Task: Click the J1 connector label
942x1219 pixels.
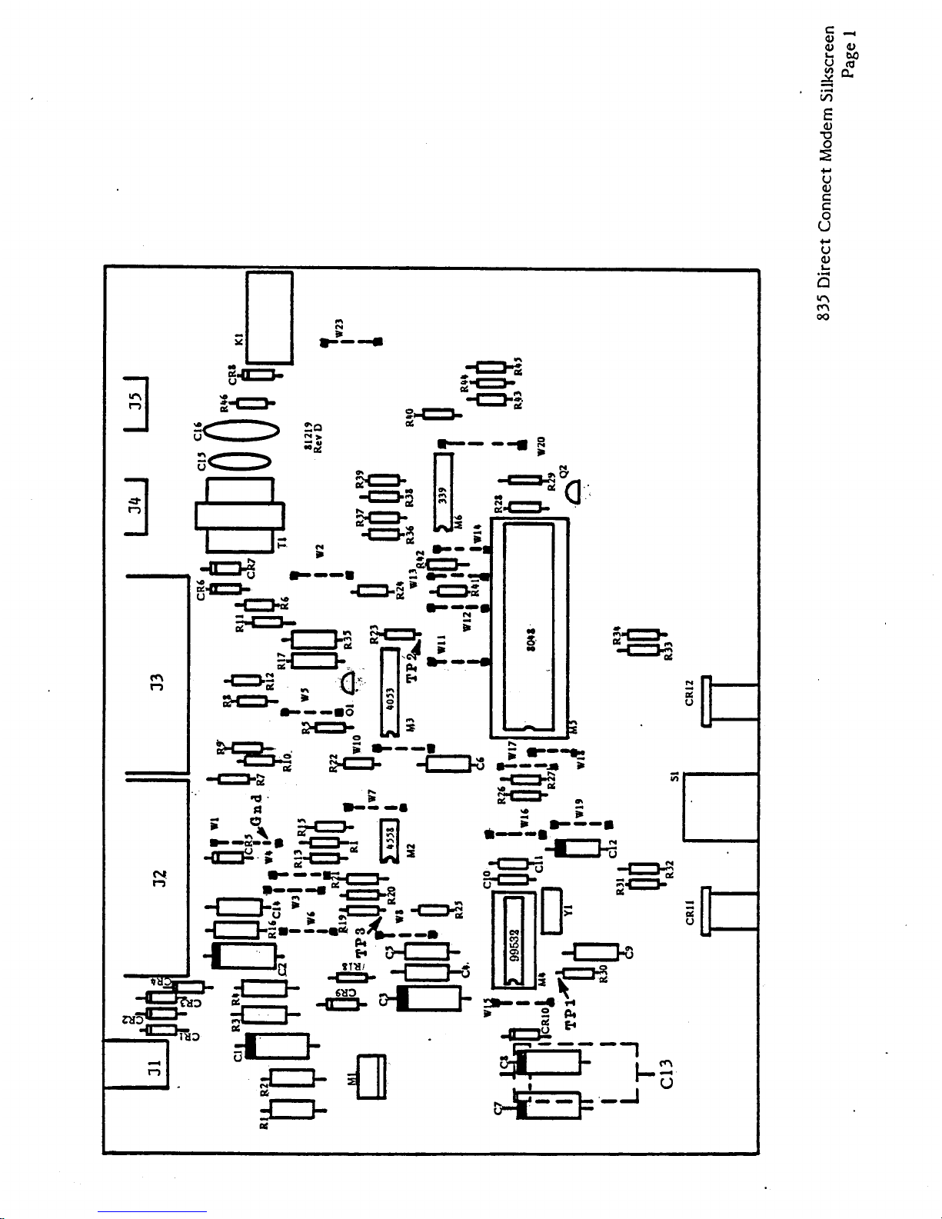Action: point(154,1067)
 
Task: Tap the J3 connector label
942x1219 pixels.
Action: point(156,681)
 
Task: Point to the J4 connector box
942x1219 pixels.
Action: point(136,505)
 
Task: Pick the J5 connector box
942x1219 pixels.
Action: point(136,403)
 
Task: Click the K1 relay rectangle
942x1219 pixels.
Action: point(268,317)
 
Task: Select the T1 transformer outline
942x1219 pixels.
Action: point(239,515)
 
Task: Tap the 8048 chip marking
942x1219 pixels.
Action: point(530,637)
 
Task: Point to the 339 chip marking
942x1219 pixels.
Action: point(443,494)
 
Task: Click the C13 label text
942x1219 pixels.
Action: point(667,1074)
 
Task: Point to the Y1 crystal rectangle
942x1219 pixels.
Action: point(553,911)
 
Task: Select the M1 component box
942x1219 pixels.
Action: point(371,1077)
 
